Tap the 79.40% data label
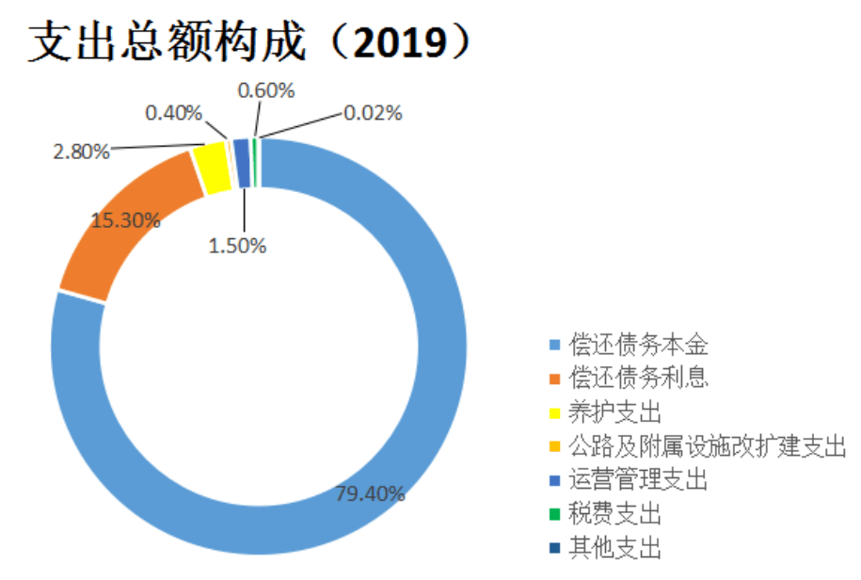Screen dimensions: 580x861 click(371, 493)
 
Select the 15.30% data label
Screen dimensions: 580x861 click(125, 221)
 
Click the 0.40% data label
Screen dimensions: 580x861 click(173, 114)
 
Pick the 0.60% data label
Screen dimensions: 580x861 click(266, 91)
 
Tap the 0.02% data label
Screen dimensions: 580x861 click(373, 114)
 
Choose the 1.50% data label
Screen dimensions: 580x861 click(238, 246)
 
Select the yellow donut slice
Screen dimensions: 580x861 click(214, 167)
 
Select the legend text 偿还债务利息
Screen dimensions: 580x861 click(638, 379)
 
